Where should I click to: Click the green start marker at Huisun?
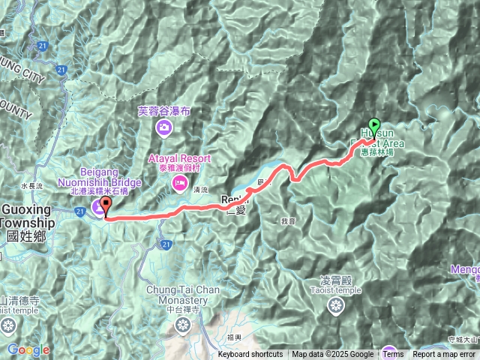(374, 126)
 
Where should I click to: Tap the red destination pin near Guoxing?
(104, 204)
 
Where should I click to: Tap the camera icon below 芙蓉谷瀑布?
(163, 129)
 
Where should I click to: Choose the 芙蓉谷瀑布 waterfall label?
(164, 111)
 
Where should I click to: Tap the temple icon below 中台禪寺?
(182, 325)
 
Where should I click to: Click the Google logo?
(28, 349)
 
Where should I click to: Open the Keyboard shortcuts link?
(250, 355)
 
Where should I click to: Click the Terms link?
(393, 355)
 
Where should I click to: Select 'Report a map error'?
(444, 355)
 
